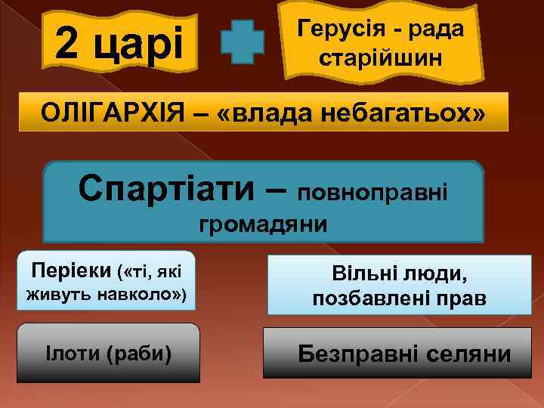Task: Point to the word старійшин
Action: click(380, 57)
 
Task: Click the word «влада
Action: click(262, 114)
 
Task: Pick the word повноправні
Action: click(373, 193)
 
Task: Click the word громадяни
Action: click(262, 224)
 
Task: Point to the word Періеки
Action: click(71, 269)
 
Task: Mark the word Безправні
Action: click(362, 354)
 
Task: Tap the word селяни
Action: click(470, 354)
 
